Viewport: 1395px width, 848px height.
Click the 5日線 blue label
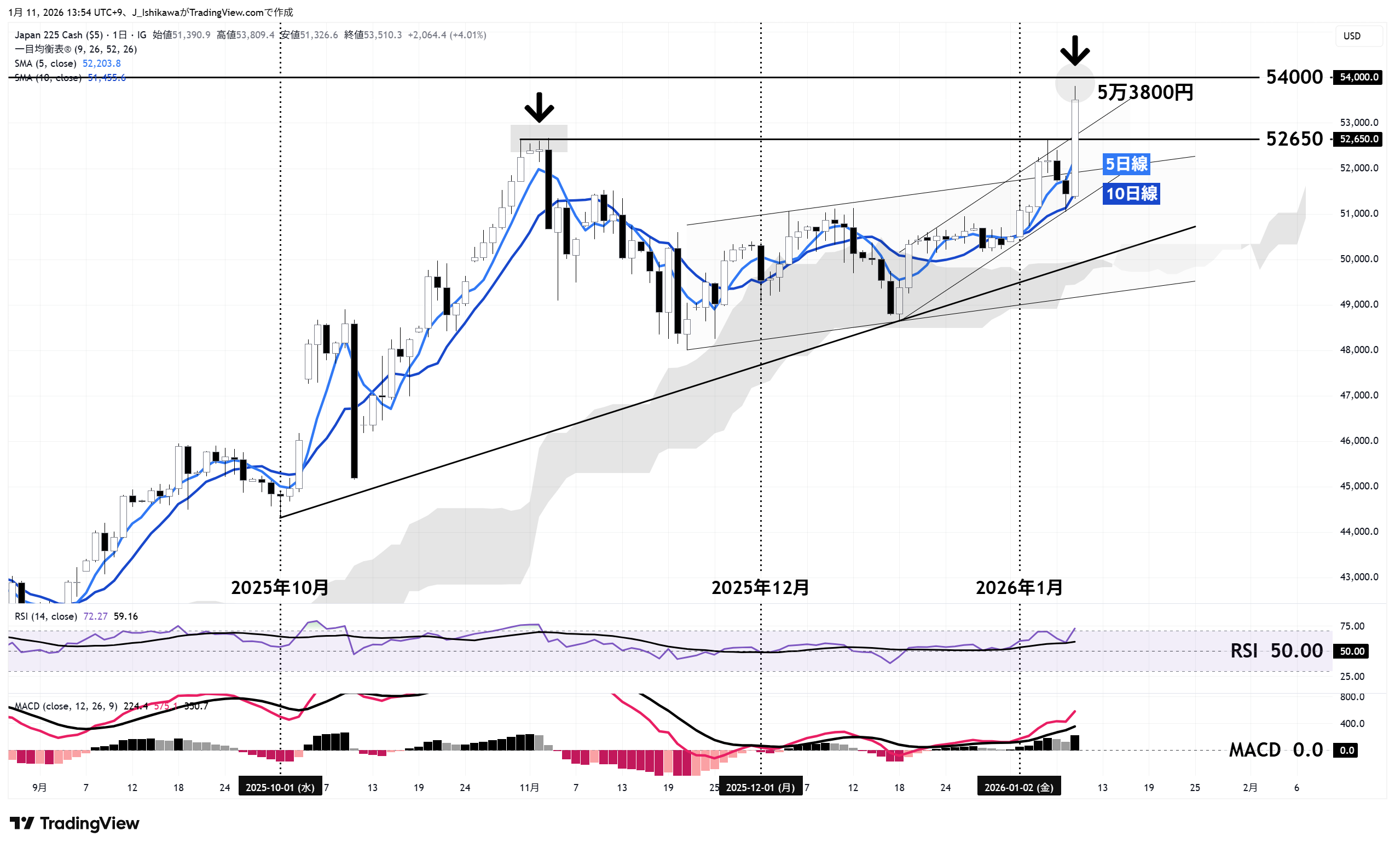[1126, 164]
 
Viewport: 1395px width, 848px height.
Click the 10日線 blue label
[1131, 194]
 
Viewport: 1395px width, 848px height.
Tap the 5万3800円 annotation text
[1145, 93]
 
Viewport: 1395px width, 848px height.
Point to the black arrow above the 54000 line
[1074, 50]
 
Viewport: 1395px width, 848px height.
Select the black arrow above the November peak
[539, 108]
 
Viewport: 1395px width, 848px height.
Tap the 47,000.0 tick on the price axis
[1359, 395]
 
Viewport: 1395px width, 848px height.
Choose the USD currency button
[1352, 36]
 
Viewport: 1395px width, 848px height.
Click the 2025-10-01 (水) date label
[280, 787]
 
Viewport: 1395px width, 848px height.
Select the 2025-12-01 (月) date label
[760, 787]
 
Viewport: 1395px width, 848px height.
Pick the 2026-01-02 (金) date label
[1018, 787]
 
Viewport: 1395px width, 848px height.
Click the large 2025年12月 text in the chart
[760, 588]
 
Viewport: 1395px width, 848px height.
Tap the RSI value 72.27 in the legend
[95, 616]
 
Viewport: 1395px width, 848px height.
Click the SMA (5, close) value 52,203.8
[101, 64]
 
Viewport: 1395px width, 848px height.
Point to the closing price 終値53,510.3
[373, 35]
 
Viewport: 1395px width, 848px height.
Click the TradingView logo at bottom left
[75, 823]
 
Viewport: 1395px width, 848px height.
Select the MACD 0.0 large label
[1276, 751]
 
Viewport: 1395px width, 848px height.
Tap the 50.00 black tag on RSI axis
[1352, 651]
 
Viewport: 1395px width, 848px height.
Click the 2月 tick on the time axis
[1250, 787]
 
